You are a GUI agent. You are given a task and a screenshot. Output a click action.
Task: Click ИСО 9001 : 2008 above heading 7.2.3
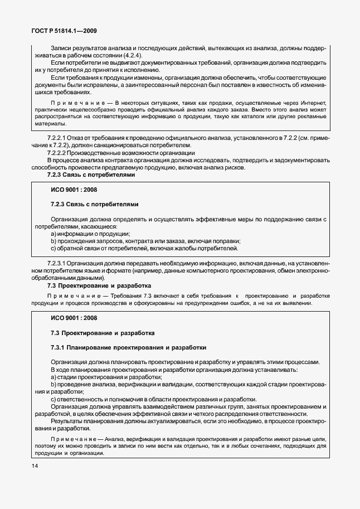tap(74, 190)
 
